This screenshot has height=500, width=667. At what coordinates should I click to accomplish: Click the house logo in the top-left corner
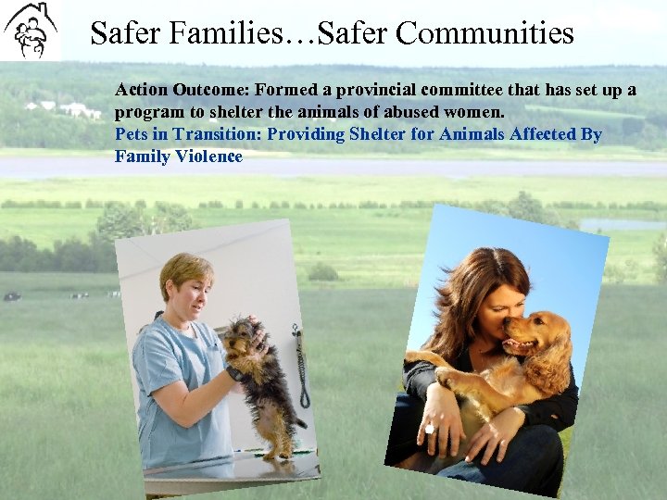pyautogui.click(x=31, y=30)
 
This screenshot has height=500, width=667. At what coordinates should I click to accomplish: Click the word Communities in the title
pyautogui.click(x=485, y=34)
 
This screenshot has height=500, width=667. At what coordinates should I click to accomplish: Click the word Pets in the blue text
pyautogui.click(x=131, y=134)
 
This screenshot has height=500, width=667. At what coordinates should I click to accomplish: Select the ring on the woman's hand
pyautogui.click(x=429, y=429)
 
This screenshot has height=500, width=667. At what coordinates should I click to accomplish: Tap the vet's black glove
pyautogui.click(x=236, y=373)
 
